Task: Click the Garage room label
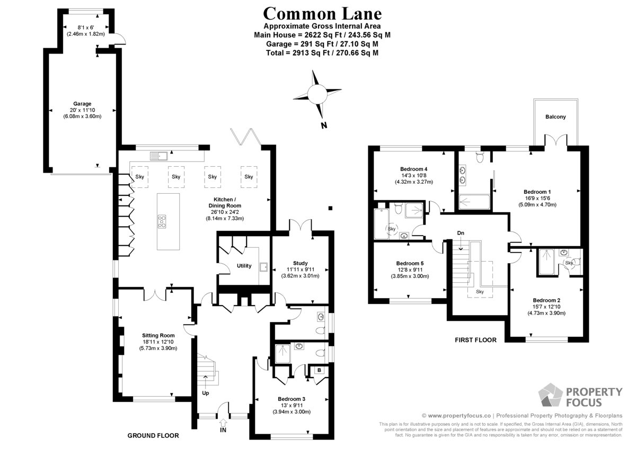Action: tap(82, 104)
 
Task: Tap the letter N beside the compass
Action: tap(324, 125)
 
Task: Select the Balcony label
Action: tap(555, 117)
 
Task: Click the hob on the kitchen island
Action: tap(162, 221)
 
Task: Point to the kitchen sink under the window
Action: tap(158, 156)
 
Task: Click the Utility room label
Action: tap(244, 266)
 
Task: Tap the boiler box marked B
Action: tap(319, 370)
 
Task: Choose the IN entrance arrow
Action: tap(223, 423)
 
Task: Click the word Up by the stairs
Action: tap(205, 393)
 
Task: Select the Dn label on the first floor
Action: tap(461, 233)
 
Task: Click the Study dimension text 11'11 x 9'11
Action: tap(300, 270)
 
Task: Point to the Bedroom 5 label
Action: tap(410, 264)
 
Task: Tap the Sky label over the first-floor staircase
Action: tap(480, 292)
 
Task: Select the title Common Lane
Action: tap(322, 14)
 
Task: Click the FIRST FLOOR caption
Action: tap(475, 340)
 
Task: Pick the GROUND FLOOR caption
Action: tap(153, 436)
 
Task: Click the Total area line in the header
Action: tap(322, 53)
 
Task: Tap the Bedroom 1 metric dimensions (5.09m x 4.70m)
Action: tap(537, 204)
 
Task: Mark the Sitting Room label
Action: tap(158, 336)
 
